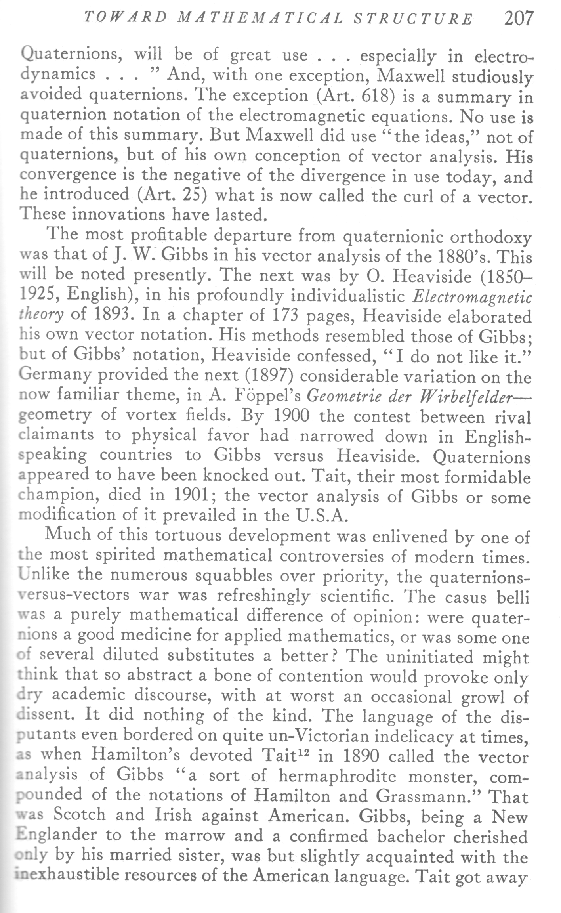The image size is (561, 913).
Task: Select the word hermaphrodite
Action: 337,775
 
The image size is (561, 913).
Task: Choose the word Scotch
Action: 80,815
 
